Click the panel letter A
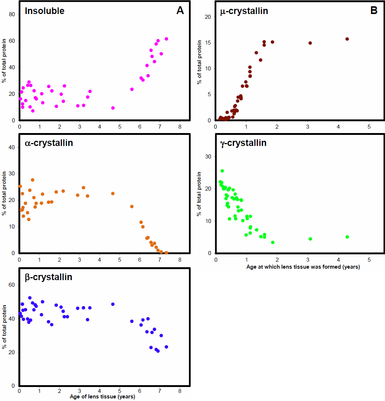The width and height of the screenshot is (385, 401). coord(180,11)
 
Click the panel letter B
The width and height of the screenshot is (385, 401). coord(374,11)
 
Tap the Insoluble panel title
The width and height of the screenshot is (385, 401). coord(45,11)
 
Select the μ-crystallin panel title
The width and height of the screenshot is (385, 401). coord(244,11)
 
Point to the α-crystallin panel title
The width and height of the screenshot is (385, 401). coord(49,143)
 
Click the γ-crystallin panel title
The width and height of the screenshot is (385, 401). coord(243,143)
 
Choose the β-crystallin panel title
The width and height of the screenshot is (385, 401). coord(48,277)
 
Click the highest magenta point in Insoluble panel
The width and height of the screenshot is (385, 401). coord(166,39)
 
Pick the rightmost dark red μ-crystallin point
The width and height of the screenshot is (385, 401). coord(347,39)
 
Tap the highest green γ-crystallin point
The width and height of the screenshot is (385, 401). coord(222,171)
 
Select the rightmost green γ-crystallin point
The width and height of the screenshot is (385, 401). coord(347,237)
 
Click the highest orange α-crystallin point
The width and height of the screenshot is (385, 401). coord(32,180)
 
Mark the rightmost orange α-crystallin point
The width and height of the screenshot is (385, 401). coord(166,253)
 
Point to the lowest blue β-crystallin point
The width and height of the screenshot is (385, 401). coord(158,351)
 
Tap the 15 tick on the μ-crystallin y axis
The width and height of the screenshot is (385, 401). coord(208,43)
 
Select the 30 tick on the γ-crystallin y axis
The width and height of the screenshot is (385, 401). coord(208,156)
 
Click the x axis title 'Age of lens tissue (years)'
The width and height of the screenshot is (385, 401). coord(102,397)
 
